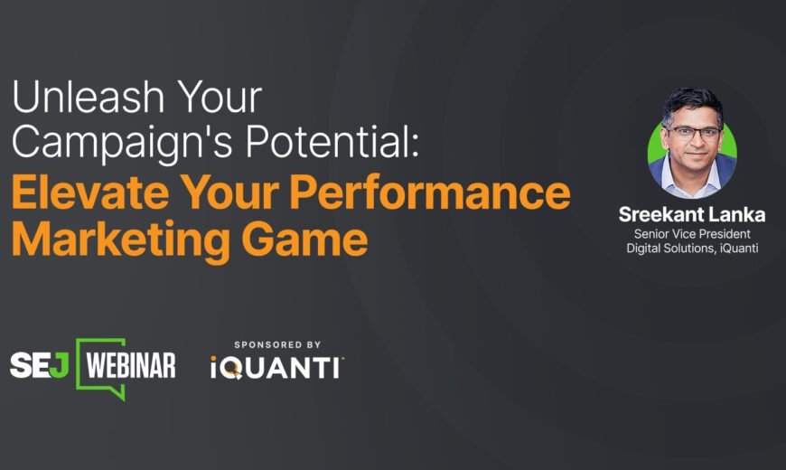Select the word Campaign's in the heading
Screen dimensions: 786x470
pos(122,143)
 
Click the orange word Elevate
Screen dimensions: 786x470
pos(90,193)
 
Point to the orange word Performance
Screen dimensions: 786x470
pos(430,193)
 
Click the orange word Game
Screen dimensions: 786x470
pos(304,240)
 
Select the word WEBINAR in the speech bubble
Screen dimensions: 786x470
pos(131,364)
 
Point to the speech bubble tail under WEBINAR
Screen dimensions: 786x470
pos(118,393)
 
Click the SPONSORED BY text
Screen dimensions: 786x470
pos(277,344)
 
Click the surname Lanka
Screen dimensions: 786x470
pos(737,215)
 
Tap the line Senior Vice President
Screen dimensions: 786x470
pos(692,234)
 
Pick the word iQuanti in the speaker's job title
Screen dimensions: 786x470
pos(739,249)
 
